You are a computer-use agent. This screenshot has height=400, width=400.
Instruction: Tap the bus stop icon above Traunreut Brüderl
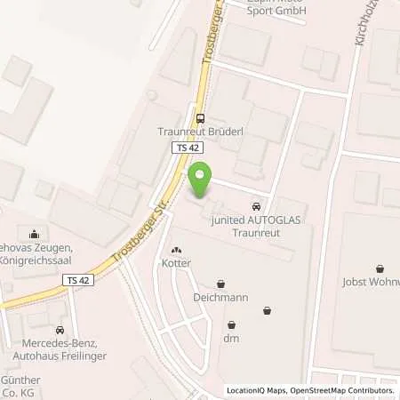[x=201, y=117]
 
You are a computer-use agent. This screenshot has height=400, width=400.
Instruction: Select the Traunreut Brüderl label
[x=201, y=131]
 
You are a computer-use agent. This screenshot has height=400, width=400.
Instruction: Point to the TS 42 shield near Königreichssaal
[x=77, y=279]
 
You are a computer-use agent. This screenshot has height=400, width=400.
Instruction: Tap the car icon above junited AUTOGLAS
[x=257, y=200]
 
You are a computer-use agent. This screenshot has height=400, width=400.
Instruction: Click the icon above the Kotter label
[x=176, y=251]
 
